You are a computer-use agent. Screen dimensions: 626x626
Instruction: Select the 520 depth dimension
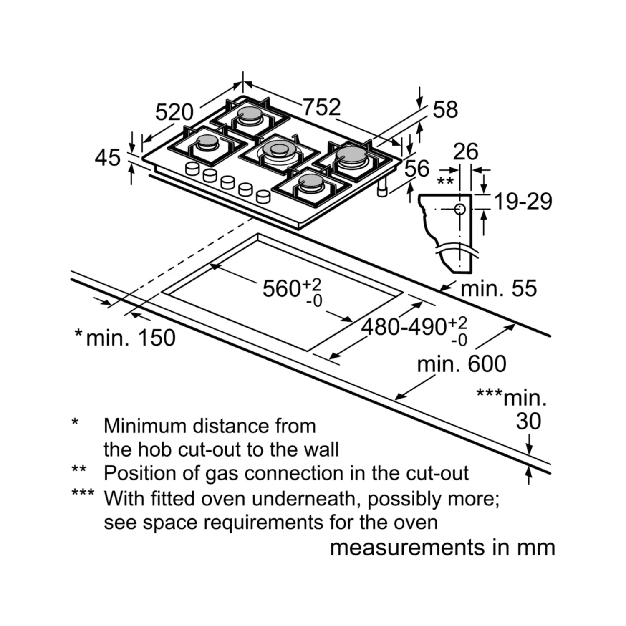click(x=174, y=112)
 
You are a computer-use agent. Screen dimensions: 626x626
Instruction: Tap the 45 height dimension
click(x=108, y=158)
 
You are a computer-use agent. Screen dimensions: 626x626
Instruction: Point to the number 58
click(x=445, y=109)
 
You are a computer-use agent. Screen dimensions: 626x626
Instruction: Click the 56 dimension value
click(x=417, y=169)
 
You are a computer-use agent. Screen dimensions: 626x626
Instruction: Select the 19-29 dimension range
click(x=523, y=202)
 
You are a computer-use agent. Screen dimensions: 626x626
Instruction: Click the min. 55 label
click(x=499, y=288)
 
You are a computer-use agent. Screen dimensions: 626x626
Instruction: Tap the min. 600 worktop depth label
click(x=462, y=364)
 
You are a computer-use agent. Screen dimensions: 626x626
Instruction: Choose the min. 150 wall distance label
click(x=130, y=338)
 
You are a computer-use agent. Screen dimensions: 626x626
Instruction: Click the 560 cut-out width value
click(x=281, y=288)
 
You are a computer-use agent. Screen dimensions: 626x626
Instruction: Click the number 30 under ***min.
click(x=528, y=422)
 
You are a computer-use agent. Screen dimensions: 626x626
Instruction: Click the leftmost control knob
click(x=192, y=168)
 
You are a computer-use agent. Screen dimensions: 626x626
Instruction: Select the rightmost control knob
click(x=263, y=196)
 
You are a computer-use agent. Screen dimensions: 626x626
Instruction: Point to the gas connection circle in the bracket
click(x=460, y=209)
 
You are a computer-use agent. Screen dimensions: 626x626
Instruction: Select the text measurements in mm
click(x=442, y=547)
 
